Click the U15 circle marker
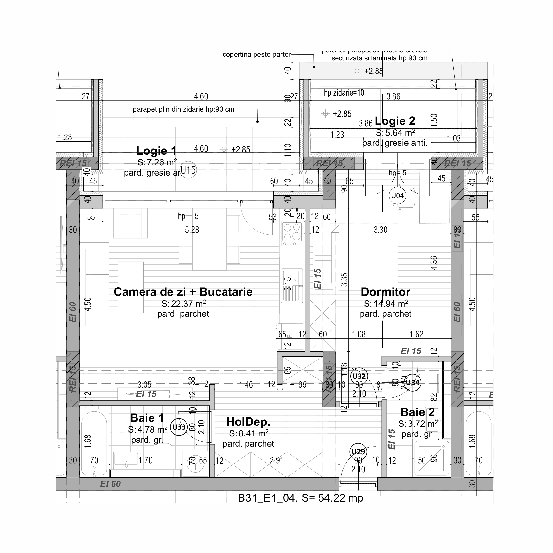point(188,170)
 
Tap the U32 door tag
point(359,376)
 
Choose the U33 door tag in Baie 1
point(179,427)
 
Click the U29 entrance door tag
point(358,452)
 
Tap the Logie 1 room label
point(156,151)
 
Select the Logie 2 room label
point(395,121)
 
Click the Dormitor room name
point(385,292)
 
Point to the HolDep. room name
point(248,422)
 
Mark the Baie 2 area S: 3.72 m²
point(418,424)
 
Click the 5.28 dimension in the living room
point(192,230)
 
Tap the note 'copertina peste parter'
point(256,54)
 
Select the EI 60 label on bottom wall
point(111,484)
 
